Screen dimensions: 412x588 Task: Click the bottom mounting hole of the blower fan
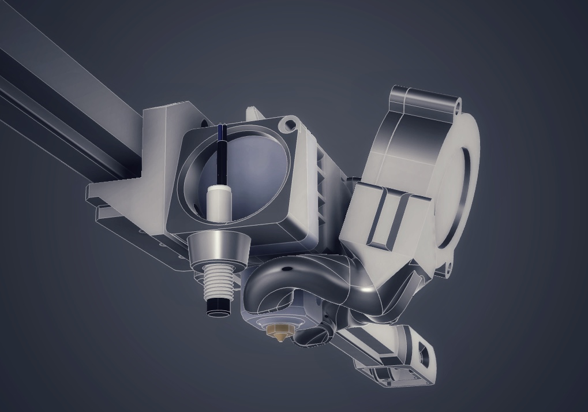(x=447, y=266)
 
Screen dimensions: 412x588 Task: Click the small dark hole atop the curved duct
(x=286, y=268)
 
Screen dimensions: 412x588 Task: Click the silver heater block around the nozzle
(x=271, y=314)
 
